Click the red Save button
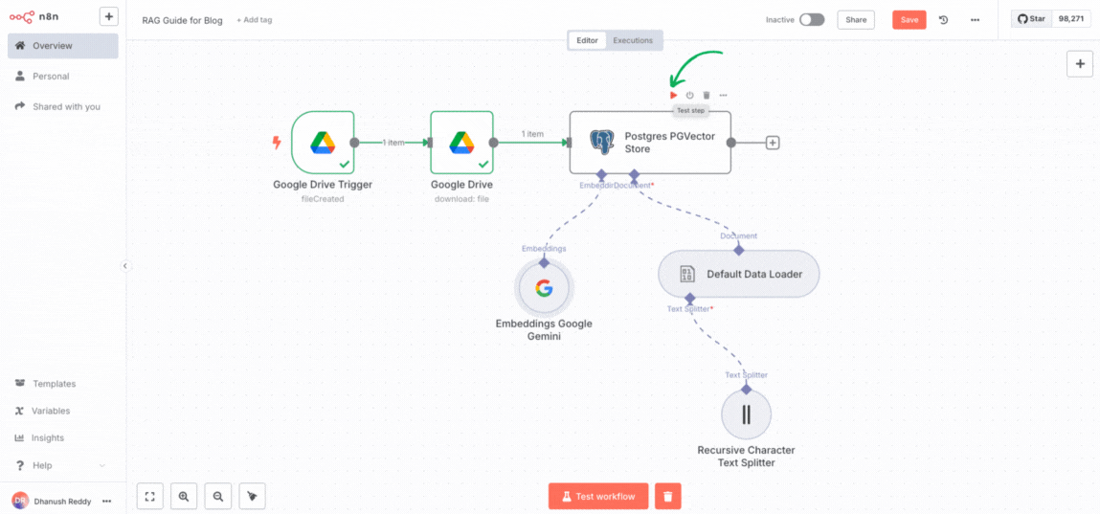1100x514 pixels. point(909,19)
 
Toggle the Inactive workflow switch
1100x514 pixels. point(811,19)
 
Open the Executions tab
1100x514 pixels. point(633,40)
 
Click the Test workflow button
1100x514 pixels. point(598,496)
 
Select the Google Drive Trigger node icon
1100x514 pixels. point(323,143)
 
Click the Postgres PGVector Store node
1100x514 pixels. point(650,143)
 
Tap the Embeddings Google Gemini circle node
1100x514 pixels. point(544,288)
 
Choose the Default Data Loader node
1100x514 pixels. point(738,274)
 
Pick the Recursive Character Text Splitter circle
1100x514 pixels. point(746,414)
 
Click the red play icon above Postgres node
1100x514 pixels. point(674,95)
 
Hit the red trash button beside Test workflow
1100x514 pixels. point(667,496)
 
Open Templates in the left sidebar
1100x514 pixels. point(54,384)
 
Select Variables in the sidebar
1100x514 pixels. point(51,411)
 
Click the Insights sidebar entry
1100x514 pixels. point(48,437)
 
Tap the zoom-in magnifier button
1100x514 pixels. point(183,496)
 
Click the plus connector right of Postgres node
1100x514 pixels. point(773,143)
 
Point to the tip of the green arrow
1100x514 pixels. point(673,84)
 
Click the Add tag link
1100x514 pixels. point(254,20)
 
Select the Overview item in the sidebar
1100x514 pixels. point(52,46)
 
